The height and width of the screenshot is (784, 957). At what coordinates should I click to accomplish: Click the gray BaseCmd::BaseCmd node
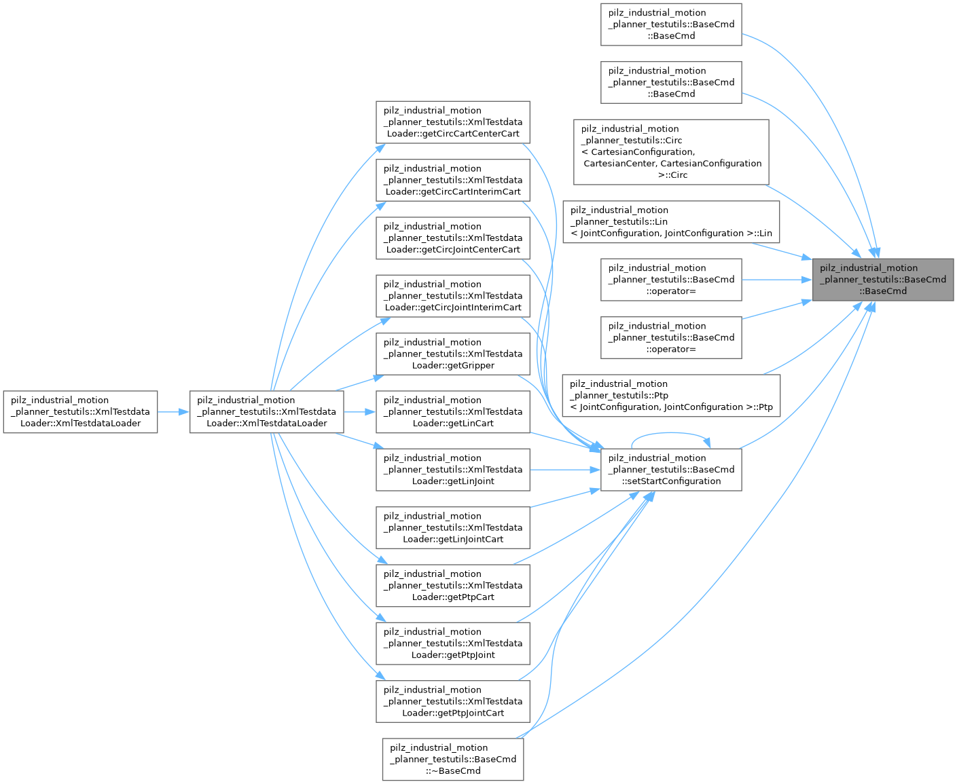click(882, 280)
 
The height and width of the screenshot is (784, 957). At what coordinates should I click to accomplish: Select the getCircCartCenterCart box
click(452, 122)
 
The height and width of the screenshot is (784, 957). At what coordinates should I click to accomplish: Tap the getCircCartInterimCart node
click(452, 180)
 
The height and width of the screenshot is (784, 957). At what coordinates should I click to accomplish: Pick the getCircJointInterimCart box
click(452, 296)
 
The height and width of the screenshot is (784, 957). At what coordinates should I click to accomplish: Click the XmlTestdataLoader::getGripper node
click(452, 354)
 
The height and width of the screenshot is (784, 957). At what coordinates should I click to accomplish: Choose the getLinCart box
click(452, 412)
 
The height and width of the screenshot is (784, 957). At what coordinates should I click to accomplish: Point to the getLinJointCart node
click(452, 527)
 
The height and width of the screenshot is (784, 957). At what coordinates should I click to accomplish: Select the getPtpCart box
click(452, 585)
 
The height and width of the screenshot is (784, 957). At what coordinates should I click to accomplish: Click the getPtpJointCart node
click(452, 701)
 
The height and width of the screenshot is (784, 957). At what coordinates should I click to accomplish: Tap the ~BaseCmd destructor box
click(452, 759)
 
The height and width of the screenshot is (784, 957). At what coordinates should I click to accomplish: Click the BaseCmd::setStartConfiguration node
click(670, 470)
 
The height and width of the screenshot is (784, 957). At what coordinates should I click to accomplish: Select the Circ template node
click(670, 152)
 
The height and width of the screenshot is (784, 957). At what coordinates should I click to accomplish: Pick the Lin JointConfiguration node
click(670, 222)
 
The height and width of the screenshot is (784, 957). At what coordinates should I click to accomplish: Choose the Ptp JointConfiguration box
click(670, 396)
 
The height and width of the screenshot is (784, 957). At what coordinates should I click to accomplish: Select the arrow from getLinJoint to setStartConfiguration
click(565, 470)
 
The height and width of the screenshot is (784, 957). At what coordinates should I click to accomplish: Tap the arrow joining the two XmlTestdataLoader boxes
click(173, 412)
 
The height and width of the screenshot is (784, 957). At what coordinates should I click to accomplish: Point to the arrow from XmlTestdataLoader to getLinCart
click(359, 412)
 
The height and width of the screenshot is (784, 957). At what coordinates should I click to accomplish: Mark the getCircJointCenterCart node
click(452, 238)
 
